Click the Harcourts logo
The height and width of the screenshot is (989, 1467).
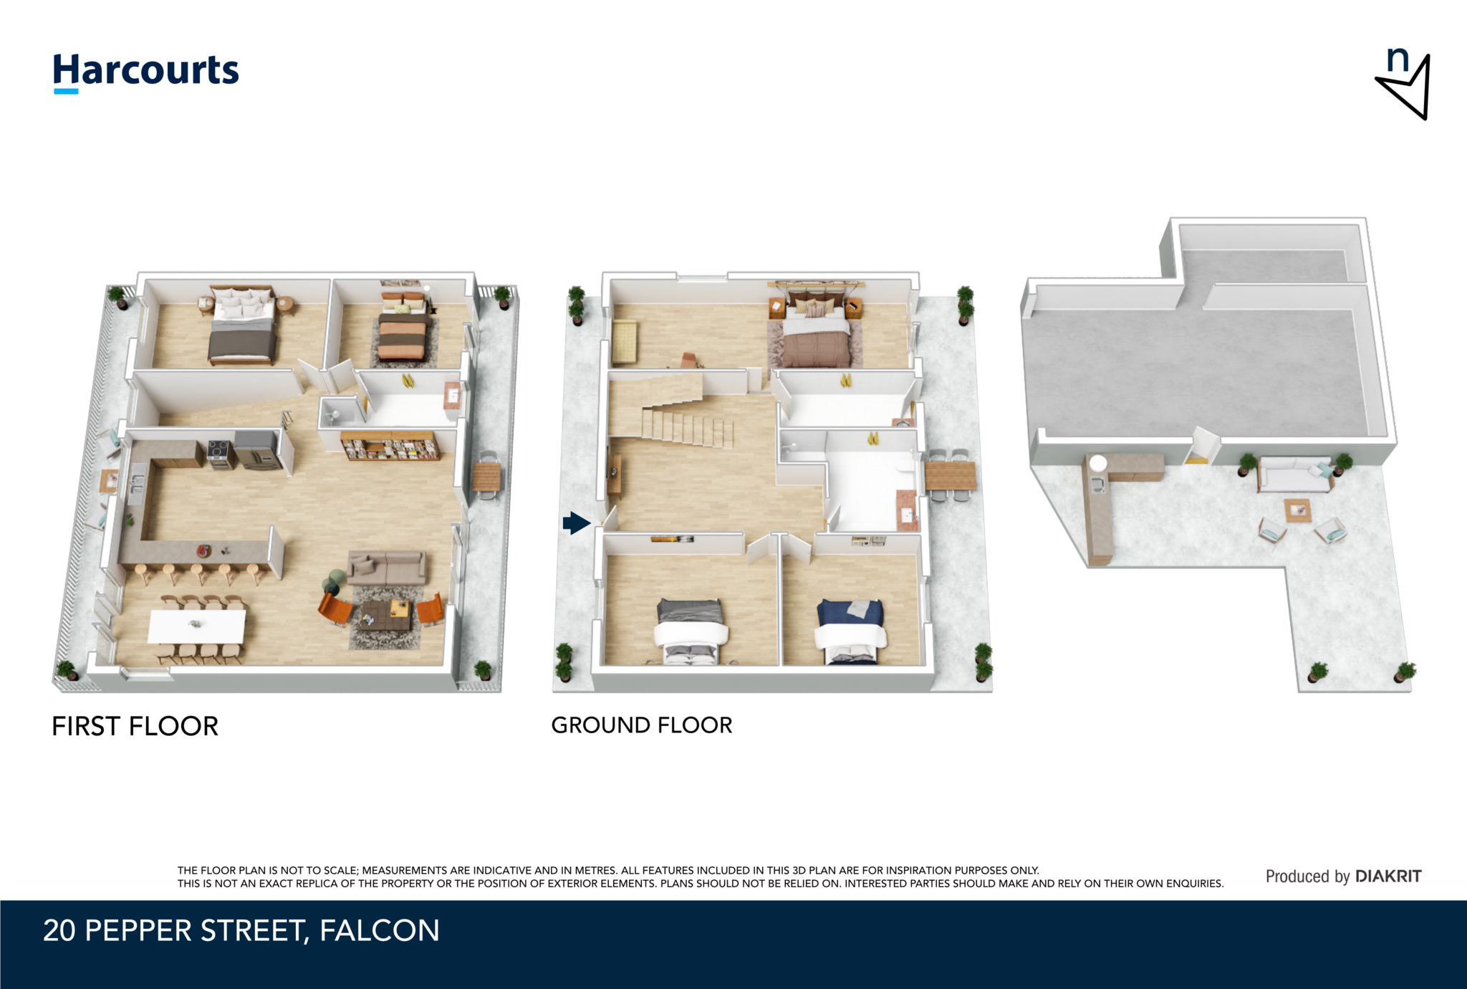[146, 72]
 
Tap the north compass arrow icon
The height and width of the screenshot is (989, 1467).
[1405, 85]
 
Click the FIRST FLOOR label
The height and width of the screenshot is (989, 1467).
[135, 726]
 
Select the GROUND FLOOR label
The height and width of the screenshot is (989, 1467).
[642, 725]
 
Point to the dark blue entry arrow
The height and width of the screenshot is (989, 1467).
[577, 523]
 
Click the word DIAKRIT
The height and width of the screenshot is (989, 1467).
[1388, 876]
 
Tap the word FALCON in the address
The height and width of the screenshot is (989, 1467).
[380, 930]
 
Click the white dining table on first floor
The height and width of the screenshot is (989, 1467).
[197, 626]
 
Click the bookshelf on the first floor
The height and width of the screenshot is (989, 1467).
[390, 446]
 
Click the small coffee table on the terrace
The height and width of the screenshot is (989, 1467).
[1298, 510]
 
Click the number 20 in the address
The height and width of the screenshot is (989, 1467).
[59, 930]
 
